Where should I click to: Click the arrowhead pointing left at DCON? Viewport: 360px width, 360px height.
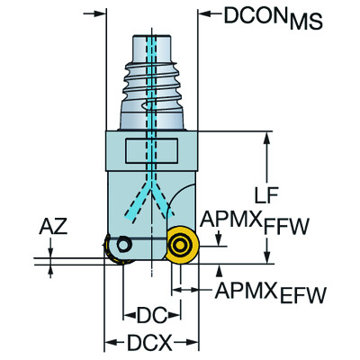[x=203, y=14]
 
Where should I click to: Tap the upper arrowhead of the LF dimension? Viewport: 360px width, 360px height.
[x=267, y=136]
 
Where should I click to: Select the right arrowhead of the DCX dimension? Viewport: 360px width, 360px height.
[x=193, y=343]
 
